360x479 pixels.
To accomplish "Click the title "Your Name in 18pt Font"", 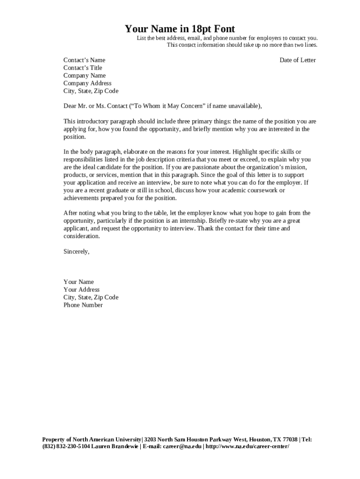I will point(180,29).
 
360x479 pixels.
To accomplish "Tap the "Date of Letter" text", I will point(297,60).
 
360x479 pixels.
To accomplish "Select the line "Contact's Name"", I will point(84,60).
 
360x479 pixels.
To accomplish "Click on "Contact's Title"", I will point(83,68).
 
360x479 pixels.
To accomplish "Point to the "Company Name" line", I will point(85,75).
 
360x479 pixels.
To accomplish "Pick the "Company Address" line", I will point(87,83).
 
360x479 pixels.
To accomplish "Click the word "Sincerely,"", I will point(76,251).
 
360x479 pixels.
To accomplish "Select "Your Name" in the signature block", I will point(79,282).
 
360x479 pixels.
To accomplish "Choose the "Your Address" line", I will point(81,290).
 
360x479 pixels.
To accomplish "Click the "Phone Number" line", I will point(83,305).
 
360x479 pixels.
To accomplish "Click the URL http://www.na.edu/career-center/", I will point(247,446).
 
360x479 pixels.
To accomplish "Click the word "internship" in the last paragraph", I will point(192,221).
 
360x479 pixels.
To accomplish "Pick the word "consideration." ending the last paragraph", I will point(81,236).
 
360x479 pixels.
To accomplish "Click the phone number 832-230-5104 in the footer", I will point(72,446).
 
